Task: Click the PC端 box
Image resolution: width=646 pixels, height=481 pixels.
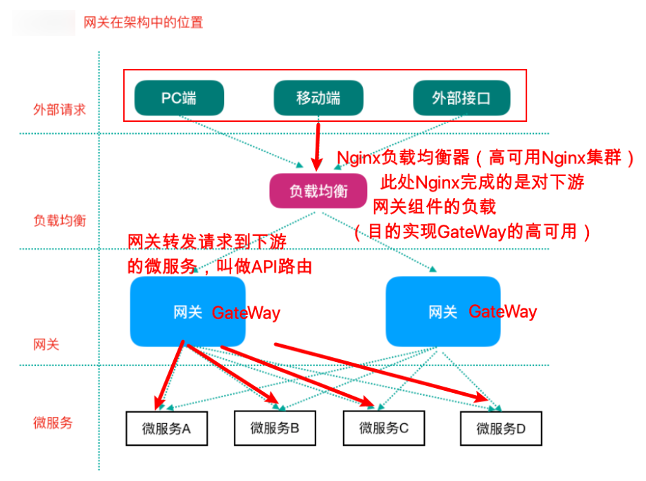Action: (179, 97)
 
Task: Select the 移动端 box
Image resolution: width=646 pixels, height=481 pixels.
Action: (318, 97)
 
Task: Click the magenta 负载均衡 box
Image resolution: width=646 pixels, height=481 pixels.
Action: (318, 191)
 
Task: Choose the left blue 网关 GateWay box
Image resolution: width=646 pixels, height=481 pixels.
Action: (187, 311)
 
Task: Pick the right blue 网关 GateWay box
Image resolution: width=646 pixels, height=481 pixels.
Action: (443, 311)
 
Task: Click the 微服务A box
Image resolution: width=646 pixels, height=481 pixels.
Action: (166, 427)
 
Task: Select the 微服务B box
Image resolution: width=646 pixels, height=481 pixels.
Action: (275, 427)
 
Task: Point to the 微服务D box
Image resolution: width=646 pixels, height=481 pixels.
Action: (501, 427)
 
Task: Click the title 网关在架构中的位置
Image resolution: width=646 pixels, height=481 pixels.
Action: (143, 23)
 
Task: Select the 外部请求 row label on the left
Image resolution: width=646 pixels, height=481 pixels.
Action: (59, 110)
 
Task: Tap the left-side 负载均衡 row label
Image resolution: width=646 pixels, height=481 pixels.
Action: (59, 220)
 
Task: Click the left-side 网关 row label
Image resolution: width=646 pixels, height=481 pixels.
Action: (46, 344)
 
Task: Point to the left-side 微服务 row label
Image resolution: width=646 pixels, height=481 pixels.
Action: (53, 423)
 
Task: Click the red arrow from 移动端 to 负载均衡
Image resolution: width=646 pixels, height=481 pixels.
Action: (318, 144)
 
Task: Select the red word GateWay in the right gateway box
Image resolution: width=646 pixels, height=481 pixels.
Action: (502, 311)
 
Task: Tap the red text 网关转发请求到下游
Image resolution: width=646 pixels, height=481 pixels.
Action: (207, 242)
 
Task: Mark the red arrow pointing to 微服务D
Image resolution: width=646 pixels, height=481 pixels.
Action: (380, 372)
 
